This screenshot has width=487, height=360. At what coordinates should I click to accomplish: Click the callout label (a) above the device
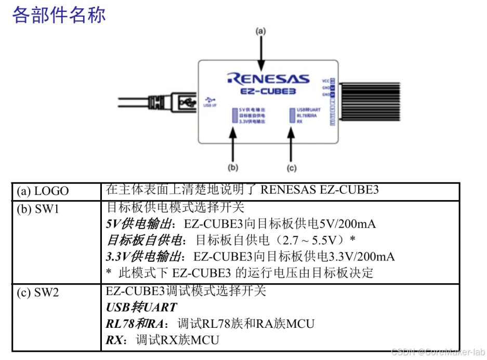coord(260,31)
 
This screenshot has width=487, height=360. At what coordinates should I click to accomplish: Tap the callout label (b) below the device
coord(233,167)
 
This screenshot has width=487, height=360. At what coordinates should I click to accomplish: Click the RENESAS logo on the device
coord(268,79)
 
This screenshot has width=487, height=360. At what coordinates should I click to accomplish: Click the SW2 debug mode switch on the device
coord(292,115)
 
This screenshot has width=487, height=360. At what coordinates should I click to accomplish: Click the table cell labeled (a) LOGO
coord(43,191)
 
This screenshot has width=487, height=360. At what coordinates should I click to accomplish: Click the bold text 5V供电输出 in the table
coord(138,224)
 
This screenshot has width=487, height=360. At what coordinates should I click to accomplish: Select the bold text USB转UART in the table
coord(141,308)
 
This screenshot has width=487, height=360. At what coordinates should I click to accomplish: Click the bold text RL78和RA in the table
coord(134,324)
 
